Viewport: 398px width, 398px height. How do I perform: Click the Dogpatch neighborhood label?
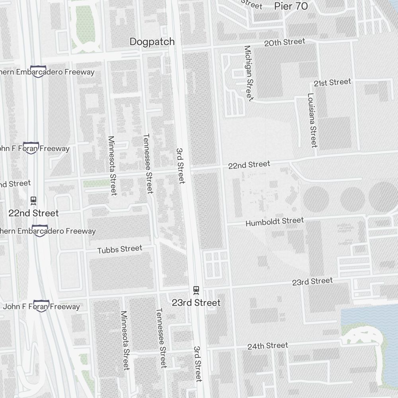pyautogui.click(x=152, y=42)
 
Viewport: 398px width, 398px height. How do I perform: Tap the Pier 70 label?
pyautogui.click(x=291, y=6)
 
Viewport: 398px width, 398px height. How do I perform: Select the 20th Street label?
pyautogui.click(x=285, y=42)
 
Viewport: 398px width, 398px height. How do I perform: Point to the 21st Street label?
pyautogui.click(x=332, y=82)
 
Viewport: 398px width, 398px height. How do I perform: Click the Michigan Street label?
pyautogui.click(x=249, y=73)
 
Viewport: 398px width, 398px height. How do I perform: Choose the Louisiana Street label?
pyautogui.click(x=312, y=120)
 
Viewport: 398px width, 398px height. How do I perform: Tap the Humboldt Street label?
pyautogui.click(x=274, y=222)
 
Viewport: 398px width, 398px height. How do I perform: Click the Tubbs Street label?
pyautogui.click(x=120, y=249)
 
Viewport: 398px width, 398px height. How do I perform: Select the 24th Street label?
pyautogui.click(x=267, y=346)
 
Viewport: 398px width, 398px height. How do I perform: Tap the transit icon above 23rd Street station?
pyautogui.click(x=196, y=290)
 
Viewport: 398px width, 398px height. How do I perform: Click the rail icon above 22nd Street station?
pyautogui.click(x=34, y=200)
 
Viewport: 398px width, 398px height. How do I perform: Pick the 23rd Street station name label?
pyautogui.click(x=196, y=303)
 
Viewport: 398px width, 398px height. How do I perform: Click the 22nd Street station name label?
pyautogui.click(x=33, y=213)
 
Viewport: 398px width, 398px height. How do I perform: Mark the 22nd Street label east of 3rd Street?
pyautogui.click(x=249, y=165)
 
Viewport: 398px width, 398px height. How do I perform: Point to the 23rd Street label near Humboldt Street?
pyautogui.click(x=312, y=282)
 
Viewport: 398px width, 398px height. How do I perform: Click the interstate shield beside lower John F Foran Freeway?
pyautogui.click(x=41, y=306)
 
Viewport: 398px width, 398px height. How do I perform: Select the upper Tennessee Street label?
pyautogui.click(x=148, y=163)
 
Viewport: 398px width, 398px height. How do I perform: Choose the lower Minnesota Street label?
pyautogui.click(x=125, y=340)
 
